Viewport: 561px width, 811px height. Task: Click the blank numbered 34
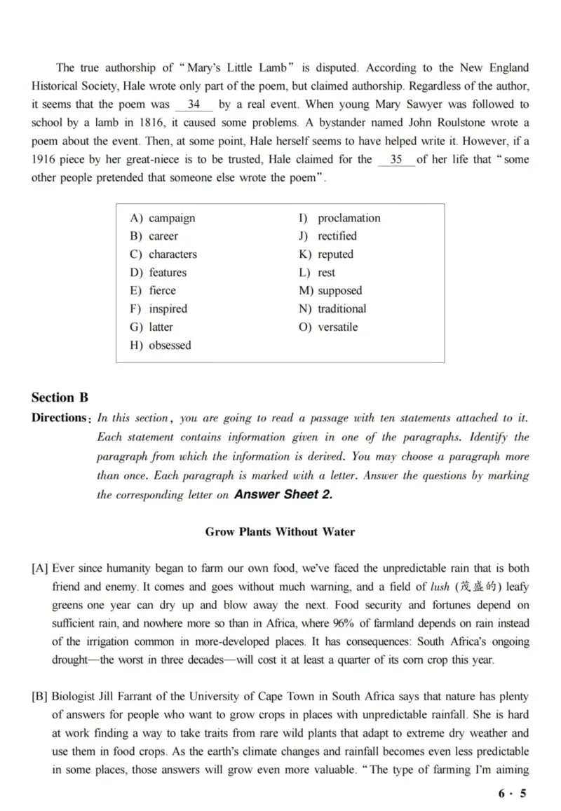[194, 104]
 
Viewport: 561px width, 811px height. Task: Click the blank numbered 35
[396, 159]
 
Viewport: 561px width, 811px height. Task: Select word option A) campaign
[163, 218]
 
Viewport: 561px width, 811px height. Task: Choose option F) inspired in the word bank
[158, 308]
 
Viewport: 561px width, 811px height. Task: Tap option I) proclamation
[339, 218]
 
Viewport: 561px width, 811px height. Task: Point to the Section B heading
[60, 397]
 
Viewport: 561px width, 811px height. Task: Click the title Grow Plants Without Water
[280, 531]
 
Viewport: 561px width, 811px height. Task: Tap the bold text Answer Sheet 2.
[283, 494]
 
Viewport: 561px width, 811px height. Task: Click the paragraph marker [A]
[39, 568]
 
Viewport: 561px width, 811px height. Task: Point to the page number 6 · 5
[512, 793]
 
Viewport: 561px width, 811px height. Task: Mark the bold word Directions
[59, 418]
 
